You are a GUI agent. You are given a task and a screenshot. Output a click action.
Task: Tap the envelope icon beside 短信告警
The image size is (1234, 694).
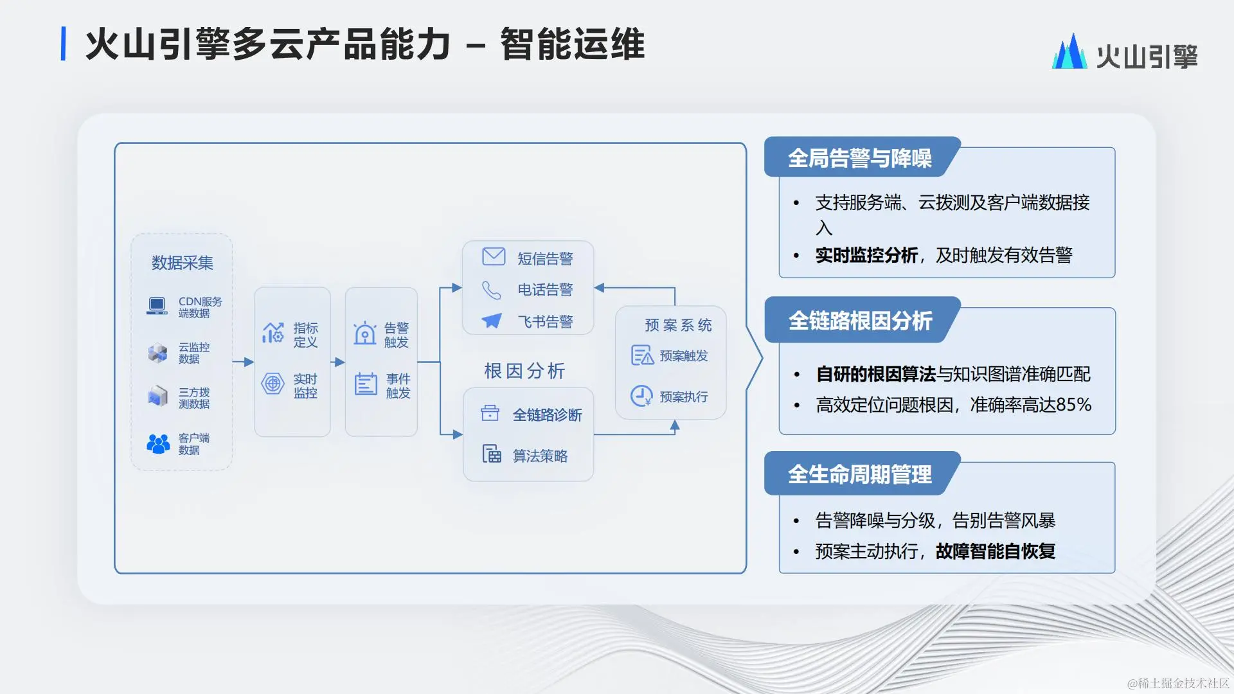494,256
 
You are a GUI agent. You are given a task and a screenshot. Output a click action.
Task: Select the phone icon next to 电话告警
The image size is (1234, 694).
492,290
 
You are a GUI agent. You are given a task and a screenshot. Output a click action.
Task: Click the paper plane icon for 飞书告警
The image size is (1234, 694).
492,320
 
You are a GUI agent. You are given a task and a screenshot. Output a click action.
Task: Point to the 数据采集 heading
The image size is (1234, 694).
183,263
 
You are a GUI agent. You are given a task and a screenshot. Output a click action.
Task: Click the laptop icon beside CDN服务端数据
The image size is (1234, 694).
157,306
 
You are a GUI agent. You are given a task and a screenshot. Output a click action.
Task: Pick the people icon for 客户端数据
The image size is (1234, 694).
158,443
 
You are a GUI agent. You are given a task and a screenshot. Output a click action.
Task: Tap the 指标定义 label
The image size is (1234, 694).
306,335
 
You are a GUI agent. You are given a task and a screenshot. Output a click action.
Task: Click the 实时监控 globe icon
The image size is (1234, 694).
273,384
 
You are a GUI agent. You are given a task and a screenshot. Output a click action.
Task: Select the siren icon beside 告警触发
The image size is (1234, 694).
365,333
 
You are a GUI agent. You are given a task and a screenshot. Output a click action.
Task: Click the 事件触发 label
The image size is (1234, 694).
398,386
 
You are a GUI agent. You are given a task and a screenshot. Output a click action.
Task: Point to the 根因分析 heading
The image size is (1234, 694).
524,371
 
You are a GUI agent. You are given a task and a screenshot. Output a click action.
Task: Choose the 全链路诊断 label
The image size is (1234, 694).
548,415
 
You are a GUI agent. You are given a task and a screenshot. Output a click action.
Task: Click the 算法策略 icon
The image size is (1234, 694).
492,454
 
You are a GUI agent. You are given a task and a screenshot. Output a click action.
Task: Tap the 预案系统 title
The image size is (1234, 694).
679,325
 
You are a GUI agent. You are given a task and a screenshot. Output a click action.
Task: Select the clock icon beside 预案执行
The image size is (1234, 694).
641,396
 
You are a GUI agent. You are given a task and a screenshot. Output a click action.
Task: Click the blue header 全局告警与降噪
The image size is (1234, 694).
860,157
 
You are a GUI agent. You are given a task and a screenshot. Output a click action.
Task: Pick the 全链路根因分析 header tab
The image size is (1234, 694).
861,320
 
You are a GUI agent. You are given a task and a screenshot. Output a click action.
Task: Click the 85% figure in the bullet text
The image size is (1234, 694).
1073,405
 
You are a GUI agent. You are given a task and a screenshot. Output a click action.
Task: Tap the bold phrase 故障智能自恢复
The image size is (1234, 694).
996,551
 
